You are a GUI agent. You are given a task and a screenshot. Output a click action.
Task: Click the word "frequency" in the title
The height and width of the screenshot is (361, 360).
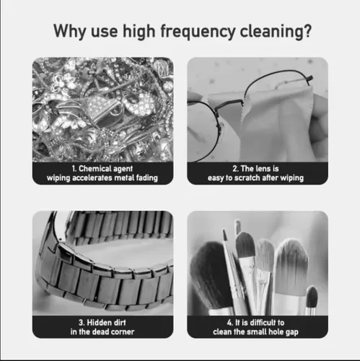click(x=198, y=32)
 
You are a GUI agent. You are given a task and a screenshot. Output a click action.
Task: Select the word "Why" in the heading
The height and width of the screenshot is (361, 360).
click(x=70, y=32)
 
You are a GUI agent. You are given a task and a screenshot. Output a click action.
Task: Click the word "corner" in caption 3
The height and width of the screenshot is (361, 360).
click(x=123, y=332)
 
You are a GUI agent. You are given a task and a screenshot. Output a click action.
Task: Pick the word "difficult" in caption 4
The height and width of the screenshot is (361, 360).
click(x=259, y=323)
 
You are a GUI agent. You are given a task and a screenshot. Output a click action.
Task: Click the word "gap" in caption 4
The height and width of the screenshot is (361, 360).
click(x=292, y=332)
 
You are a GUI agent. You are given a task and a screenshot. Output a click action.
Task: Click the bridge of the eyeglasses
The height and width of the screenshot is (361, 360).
click(x=229, y=104)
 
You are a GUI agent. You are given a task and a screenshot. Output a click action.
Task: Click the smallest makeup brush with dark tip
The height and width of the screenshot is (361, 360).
click(x=312, y=297)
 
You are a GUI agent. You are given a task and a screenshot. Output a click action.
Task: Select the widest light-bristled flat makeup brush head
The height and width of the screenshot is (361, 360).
click(x=291, y=267)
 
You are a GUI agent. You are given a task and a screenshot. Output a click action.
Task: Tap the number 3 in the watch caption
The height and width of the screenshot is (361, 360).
click(x=81, y=323)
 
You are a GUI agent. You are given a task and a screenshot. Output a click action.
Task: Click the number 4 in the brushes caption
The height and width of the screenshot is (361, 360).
click(x=230, y=323)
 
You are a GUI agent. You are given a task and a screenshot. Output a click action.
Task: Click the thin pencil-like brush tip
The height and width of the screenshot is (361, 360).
click(x=225, y=235)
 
